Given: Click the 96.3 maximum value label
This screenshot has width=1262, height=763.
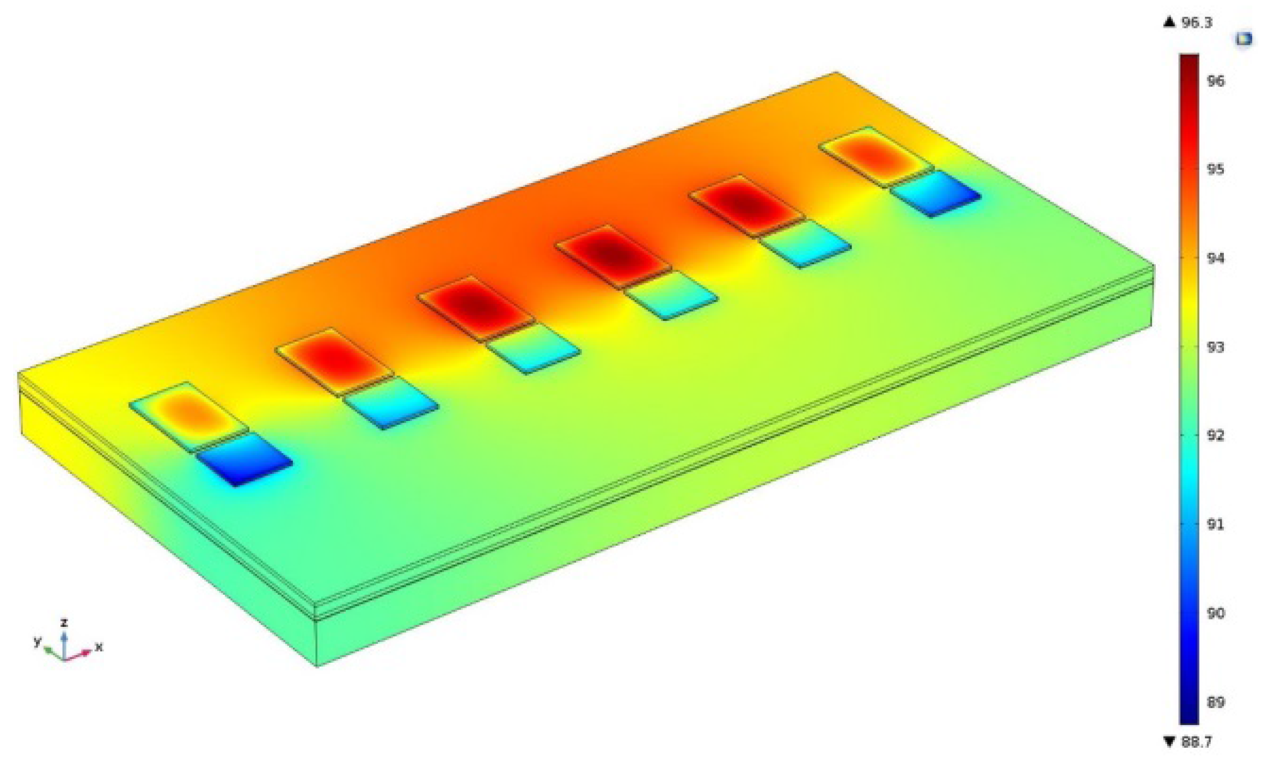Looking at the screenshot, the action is pyautogui.click(x=1196, y=22).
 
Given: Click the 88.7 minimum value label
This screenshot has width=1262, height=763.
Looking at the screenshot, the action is pyautogui.click(x=1196, y=742).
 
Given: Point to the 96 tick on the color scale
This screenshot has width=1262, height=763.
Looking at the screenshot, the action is pyautogui.click(x=1216, y=81).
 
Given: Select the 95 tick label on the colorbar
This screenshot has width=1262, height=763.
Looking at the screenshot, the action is pyautogui.click(x=1216, y=169).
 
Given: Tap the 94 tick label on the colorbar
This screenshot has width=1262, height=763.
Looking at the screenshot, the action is pyautogui.click(x=1216, y=258).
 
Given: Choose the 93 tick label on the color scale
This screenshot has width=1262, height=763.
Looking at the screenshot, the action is pyautogui.click(x=1216, y=347).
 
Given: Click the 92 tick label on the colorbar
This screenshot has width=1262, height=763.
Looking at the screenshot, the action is pyautogui.click(x=1216, y=436).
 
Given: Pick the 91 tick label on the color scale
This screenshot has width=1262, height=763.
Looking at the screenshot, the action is pyautogui.click(x=1216, y=524).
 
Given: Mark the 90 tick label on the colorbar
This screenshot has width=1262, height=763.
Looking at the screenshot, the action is pyautogui.click(x=1216, y=613).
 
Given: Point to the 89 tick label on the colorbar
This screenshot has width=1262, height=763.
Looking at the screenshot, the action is pyautogui.click(x=1216, y=702).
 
